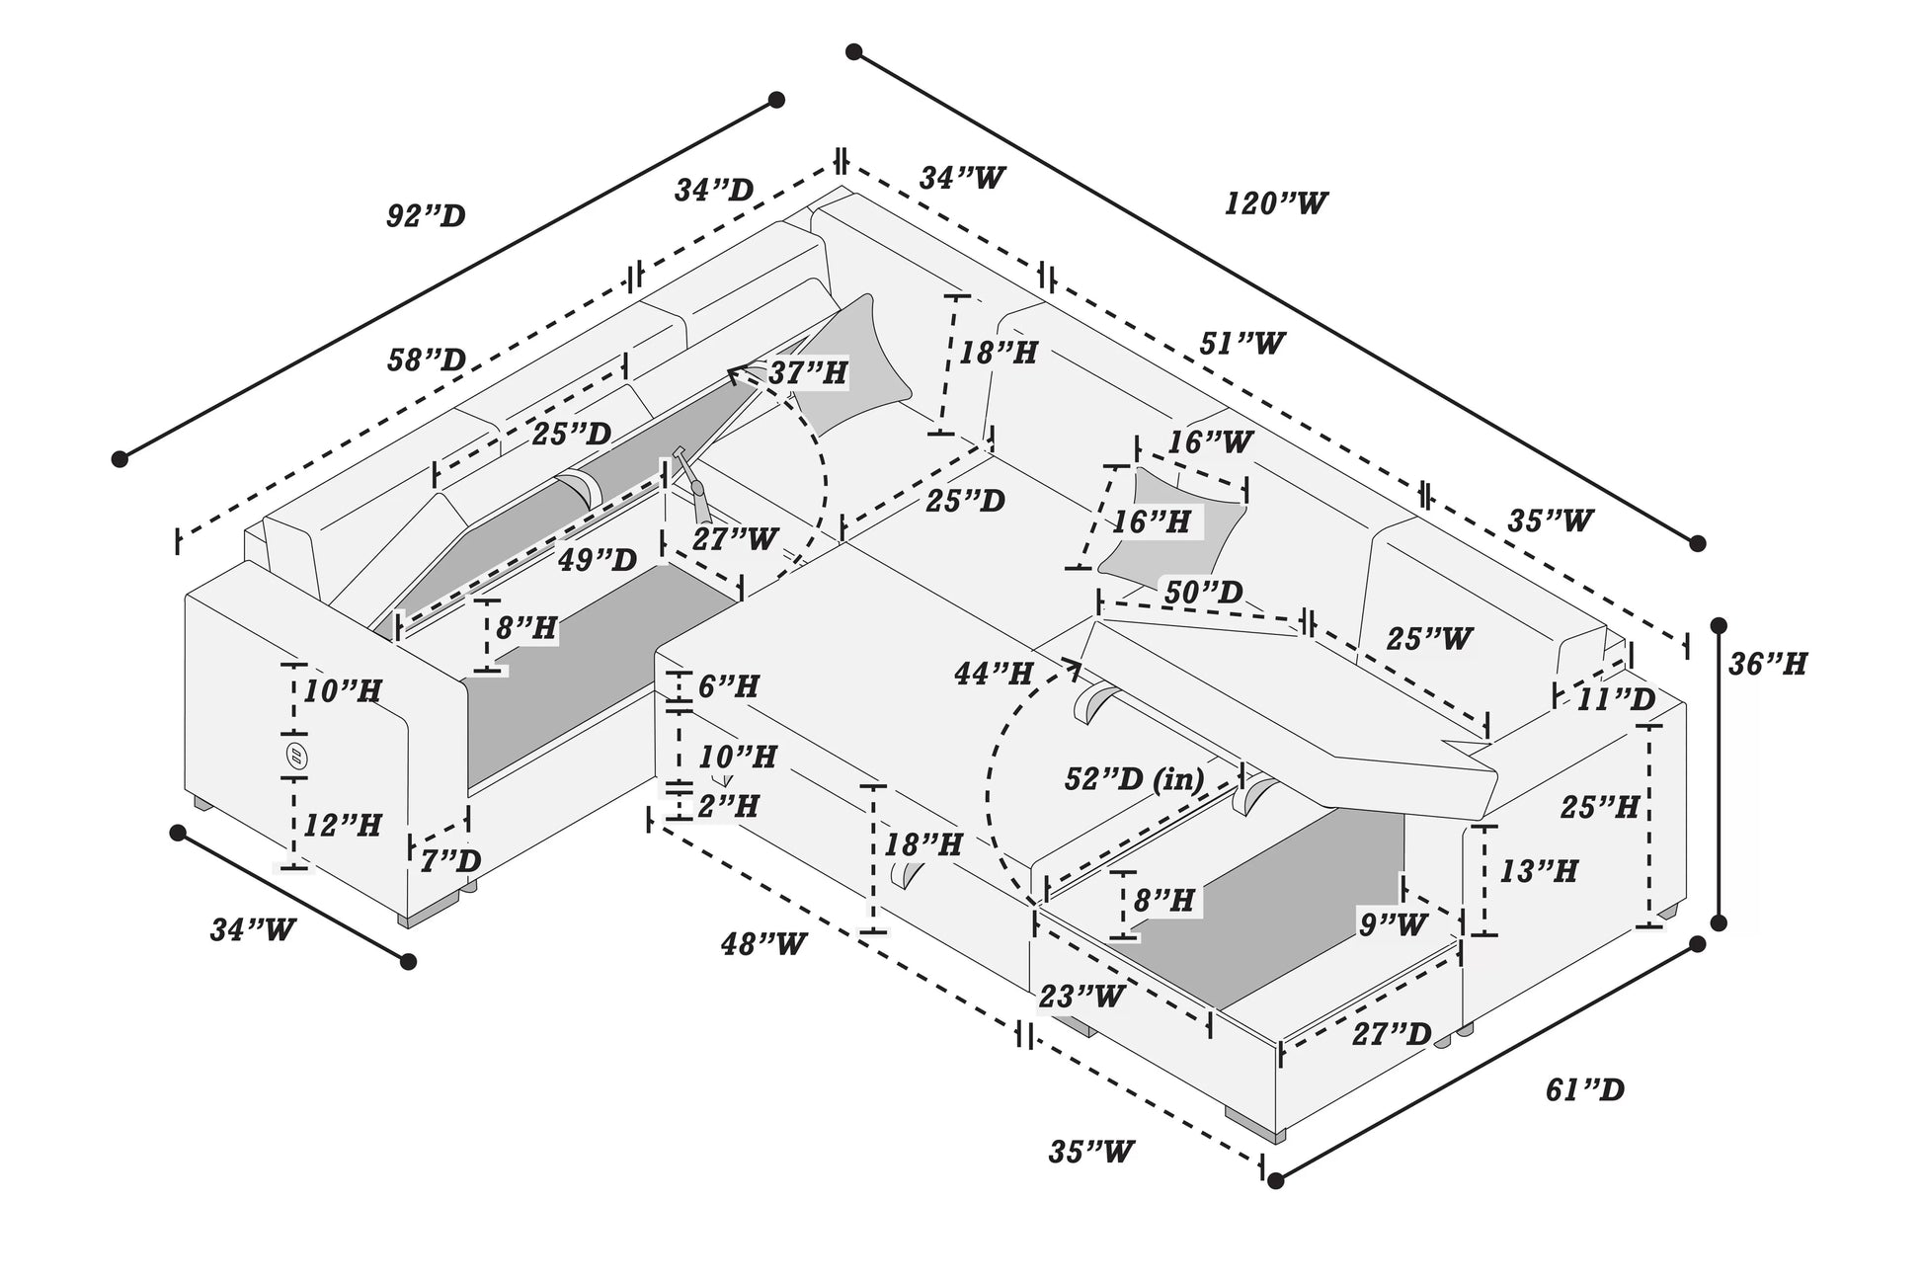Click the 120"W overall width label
tap(1275, 204)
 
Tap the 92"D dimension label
tap(425, 216)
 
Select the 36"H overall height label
tap(1767, 665)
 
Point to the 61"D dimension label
tap(1584, 1090)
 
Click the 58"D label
tap(426, 360)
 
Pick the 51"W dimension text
tap(1241, 344)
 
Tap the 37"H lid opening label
tap(807, 373)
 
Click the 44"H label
tap(993, 675)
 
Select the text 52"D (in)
tap(1134, 779)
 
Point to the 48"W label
tap(762, 944)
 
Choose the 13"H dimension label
tap(1538, 871)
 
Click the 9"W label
tap(1393, 924)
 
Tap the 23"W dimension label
tap(1081, 997)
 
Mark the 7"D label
tap(450, 861)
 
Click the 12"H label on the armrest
tap(342, 825)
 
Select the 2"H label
tap(728, 806)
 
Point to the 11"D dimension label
tap(1615, 699)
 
